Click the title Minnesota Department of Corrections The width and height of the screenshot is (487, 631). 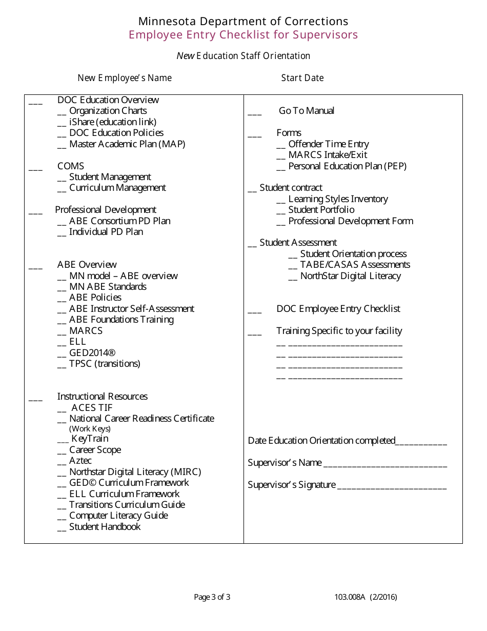[243, 21]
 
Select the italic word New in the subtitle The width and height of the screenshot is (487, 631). [185, 55]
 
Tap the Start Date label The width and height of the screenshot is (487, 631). [302, 78]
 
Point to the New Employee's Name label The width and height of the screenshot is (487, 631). [125, 78]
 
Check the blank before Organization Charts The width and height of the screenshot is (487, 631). [62, 112]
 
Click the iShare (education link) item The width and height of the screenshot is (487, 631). [113, 122]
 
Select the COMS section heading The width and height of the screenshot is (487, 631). [71, 166]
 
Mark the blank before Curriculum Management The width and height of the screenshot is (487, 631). [62, 189]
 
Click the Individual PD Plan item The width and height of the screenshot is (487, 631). [106, 232]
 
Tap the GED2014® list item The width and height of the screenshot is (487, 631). [92, 353]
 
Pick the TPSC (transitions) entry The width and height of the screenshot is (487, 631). [105, 364]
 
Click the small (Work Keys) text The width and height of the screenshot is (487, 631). [90, 429]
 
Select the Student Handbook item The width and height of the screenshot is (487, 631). [105, 527]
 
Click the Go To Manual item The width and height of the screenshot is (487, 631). [307, 111]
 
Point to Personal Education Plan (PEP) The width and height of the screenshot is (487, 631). [347, 166]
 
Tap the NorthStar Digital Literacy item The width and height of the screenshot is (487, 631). [351, 276]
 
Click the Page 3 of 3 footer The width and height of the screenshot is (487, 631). [212, 597]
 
